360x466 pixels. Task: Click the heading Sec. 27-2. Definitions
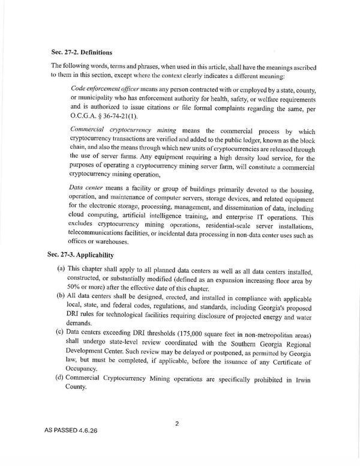[x=85, y=52]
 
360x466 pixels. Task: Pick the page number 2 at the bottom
[x=177, y=423]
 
